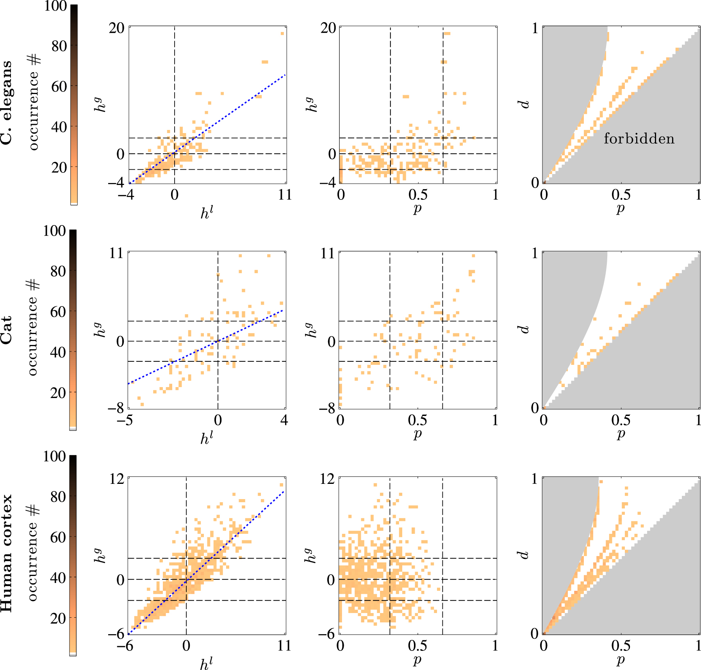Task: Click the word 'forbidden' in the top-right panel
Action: pos(639,139)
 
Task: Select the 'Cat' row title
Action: pos(7,330)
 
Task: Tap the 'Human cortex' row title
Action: pos(7,553)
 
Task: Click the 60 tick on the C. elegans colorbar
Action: pos(59,86)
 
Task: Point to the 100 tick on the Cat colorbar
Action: pos(54,231)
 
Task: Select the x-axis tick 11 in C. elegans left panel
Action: pos(285,194)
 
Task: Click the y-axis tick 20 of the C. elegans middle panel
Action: pos(328,28)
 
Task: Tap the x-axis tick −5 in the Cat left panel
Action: pos(125,420)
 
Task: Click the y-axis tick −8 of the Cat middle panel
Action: pos(327,409)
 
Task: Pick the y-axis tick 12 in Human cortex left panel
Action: pos(116,479)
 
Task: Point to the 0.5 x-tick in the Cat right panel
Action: pos(621,420)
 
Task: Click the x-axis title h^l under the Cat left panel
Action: pos(207,439)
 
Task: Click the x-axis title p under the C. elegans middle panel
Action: pos(417,208)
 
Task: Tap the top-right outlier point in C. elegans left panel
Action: pos(282,34)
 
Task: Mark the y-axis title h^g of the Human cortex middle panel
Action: pos(310,554)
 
